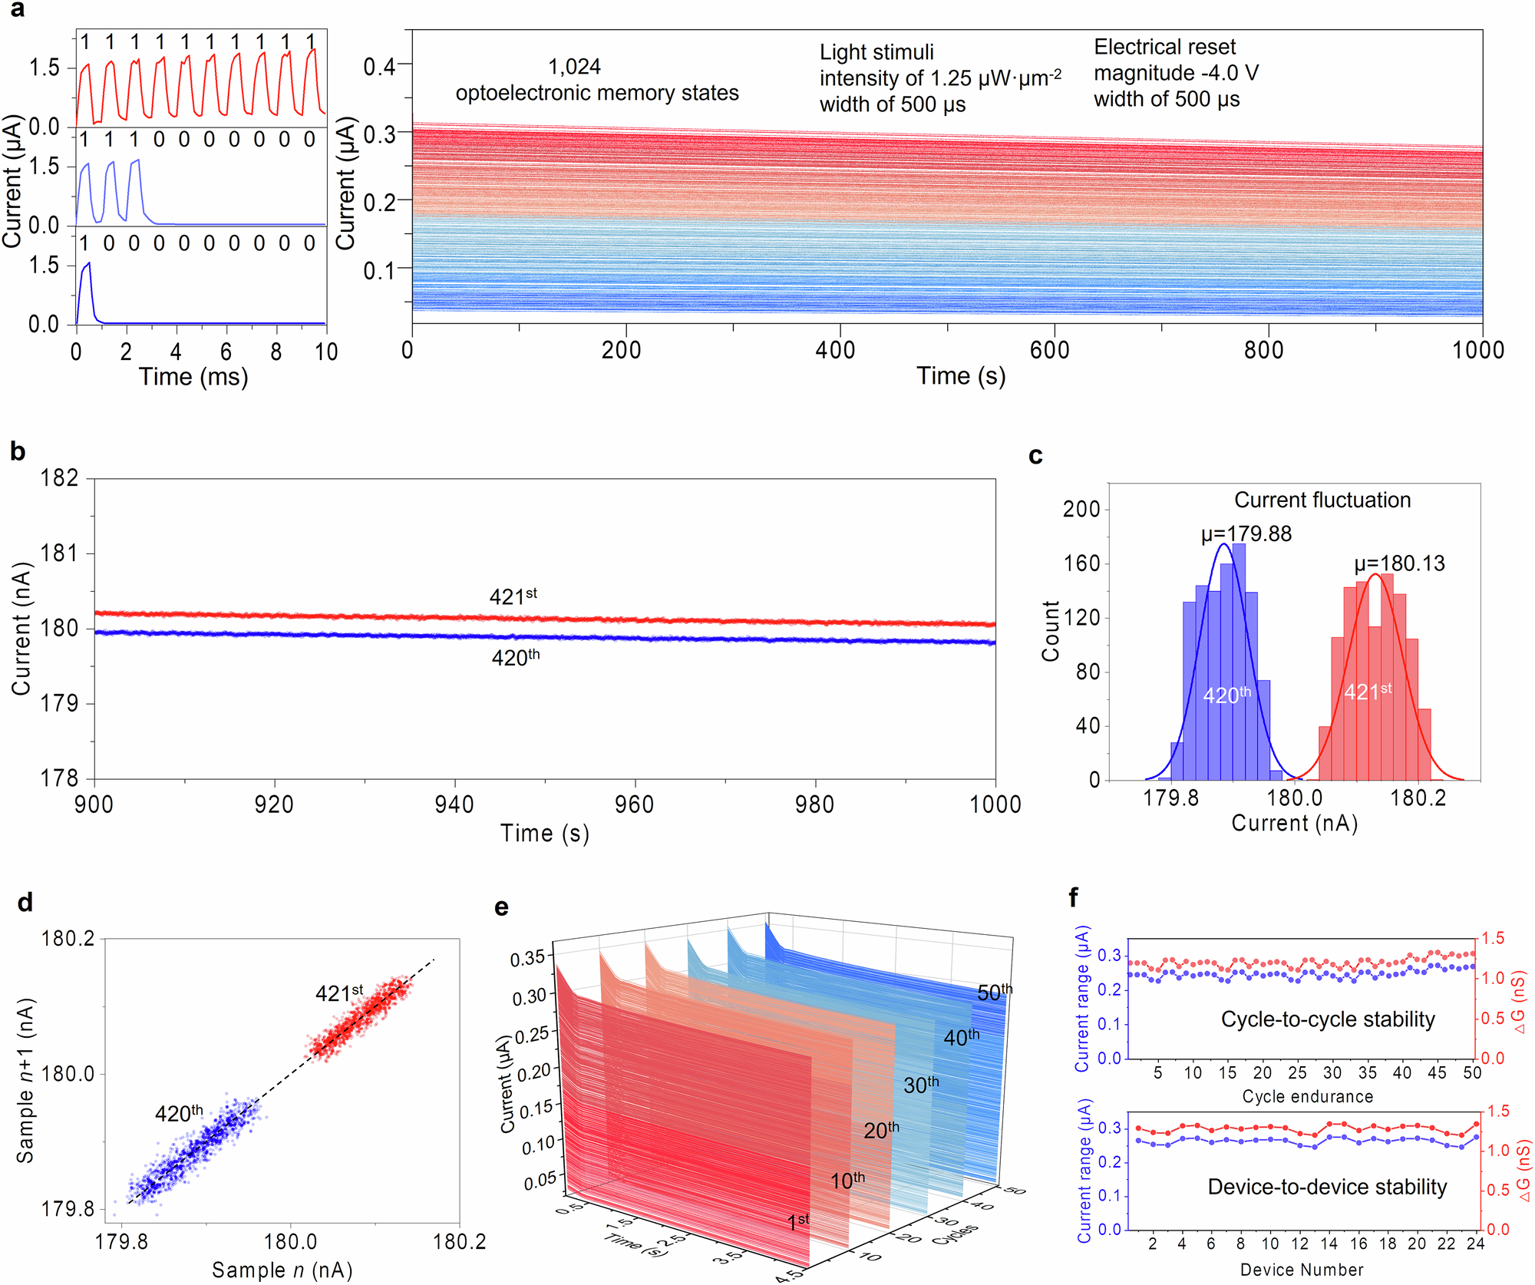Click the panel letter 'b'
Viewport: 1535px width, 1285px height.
click(18, 452)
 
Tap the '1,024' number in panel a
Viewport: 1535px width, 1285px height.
click(574, 68)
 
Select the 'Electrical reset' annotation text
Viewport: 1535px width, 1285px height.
click(1164, 47)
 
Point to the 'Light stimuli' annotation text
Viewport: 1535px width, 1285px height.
click(876, 52)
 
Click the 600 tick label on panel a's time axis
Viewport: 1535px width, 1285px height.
click(1049, 350)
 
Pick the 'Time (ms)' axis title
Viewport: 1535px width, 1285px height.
click(193, 377)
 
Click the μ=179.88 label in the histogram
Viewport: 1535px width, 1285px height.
click(1246, 533)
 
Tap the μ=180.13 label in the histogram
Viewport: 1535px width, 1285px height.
click(1399, 563)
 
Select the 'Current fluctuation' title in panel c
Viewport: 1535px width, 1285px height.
click(1322, 500)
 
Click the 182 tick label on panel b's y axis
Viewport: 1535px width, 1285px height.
click(59, 478)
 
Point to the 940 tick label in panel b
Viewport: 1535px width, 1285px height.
click(454, 804)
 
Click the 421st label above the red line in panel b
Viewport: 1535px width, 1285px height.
click(513, 596)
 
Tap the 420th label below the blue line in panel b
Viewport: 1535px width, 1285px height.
click(516, 657)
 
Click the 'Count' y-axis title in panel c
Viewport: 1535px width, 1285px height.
click(1050, 631)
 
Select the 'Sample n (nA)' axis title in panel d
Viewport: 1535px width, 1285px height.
click(282, 1270)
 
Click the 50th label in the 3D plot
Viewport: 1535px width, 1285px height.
click(995, 993)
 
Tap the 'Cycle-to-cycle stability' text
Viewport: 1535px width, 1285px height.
click(1328, 1019)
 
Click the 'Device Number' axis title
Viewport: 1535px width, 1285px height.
click(1302, 1270)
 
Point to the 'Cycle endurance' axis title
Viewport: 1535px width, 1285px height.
click(1308, 1096)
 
